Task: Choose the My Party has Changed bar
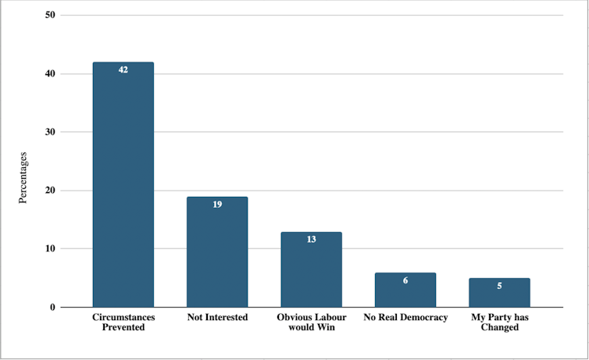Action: point(499,293)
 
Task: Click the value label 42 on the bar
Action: point(123,70)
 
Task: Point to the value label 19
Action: point(217,205)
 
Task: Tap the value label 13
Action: point(311,239)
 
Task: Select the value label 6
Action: point(405,280)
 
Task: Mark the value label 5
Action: point(499,286)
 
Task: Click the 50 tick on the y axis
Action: point(50,16)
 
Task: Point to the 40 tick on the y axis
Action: point(50,74)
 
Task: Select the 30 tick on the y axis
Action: point(50,132)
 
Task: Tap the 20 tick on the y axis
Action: point(50,191)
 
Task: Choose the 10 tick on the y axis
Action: point(50,249)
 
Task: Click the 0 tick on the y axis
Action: point(52,307)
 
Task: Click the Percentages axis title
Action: point(23,178)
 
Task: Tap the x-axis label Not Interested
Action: point(217,318)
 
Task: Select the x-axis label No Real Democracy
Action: point(405,318)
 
